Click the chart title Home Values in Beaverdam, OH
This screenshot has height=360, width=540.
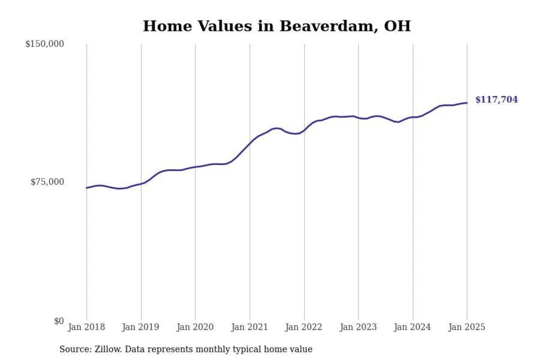277,26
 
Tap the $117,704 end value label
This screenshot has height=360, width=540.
496,100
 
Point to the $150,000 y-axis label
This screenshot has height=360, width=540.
45,44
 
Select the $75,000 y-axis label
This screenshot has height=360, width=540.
47,182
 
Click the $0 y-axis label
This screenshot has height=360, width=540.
59,321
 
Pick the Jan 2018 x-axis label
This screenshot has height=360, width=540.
86,327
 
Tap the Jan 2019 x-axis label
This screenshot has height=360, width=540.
141,327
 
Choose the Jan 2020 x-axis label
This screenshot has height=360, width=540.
195,327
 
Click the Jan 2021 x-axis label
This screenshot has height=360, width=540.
249,327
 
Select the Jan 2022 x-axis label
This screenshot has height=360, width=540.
304,327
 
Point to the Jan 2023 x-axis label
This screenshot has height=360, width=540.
358,327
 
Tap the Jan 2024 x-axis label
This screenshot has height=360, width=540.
412,327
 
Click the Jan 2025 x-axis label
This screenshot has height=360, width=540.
467,327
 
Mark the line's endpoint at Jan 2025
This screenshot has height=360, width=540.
467,103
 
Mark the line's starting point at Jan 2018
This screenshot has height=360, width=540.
87,188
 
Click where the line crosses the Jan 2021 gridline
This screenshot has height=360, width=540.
250,143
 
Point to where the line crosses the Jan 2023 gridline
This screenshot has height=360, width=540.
358,118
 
